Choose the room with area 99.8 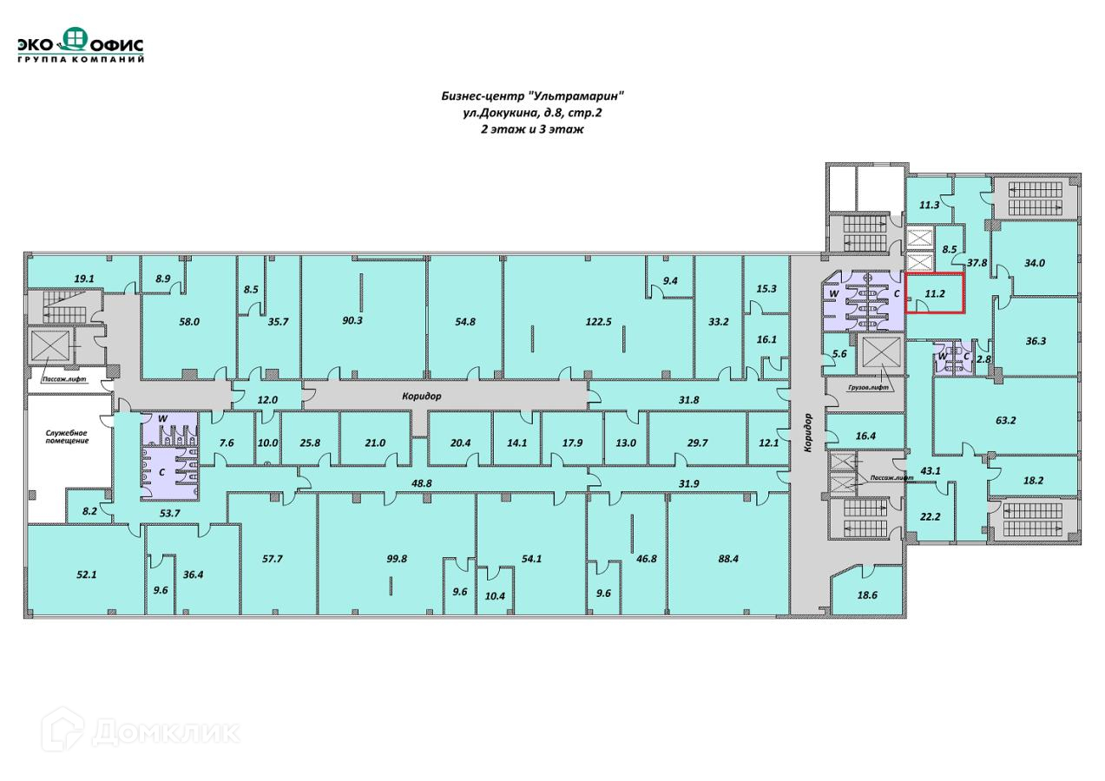tap(396, 559)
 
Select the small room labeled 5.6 tap(839, 353)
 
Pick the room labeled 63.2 tap(1005, 421)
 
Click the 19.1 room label tap(83, 279)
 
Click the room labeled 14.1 tap(516, 443)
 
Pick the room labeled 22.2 tap(930, 516)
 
